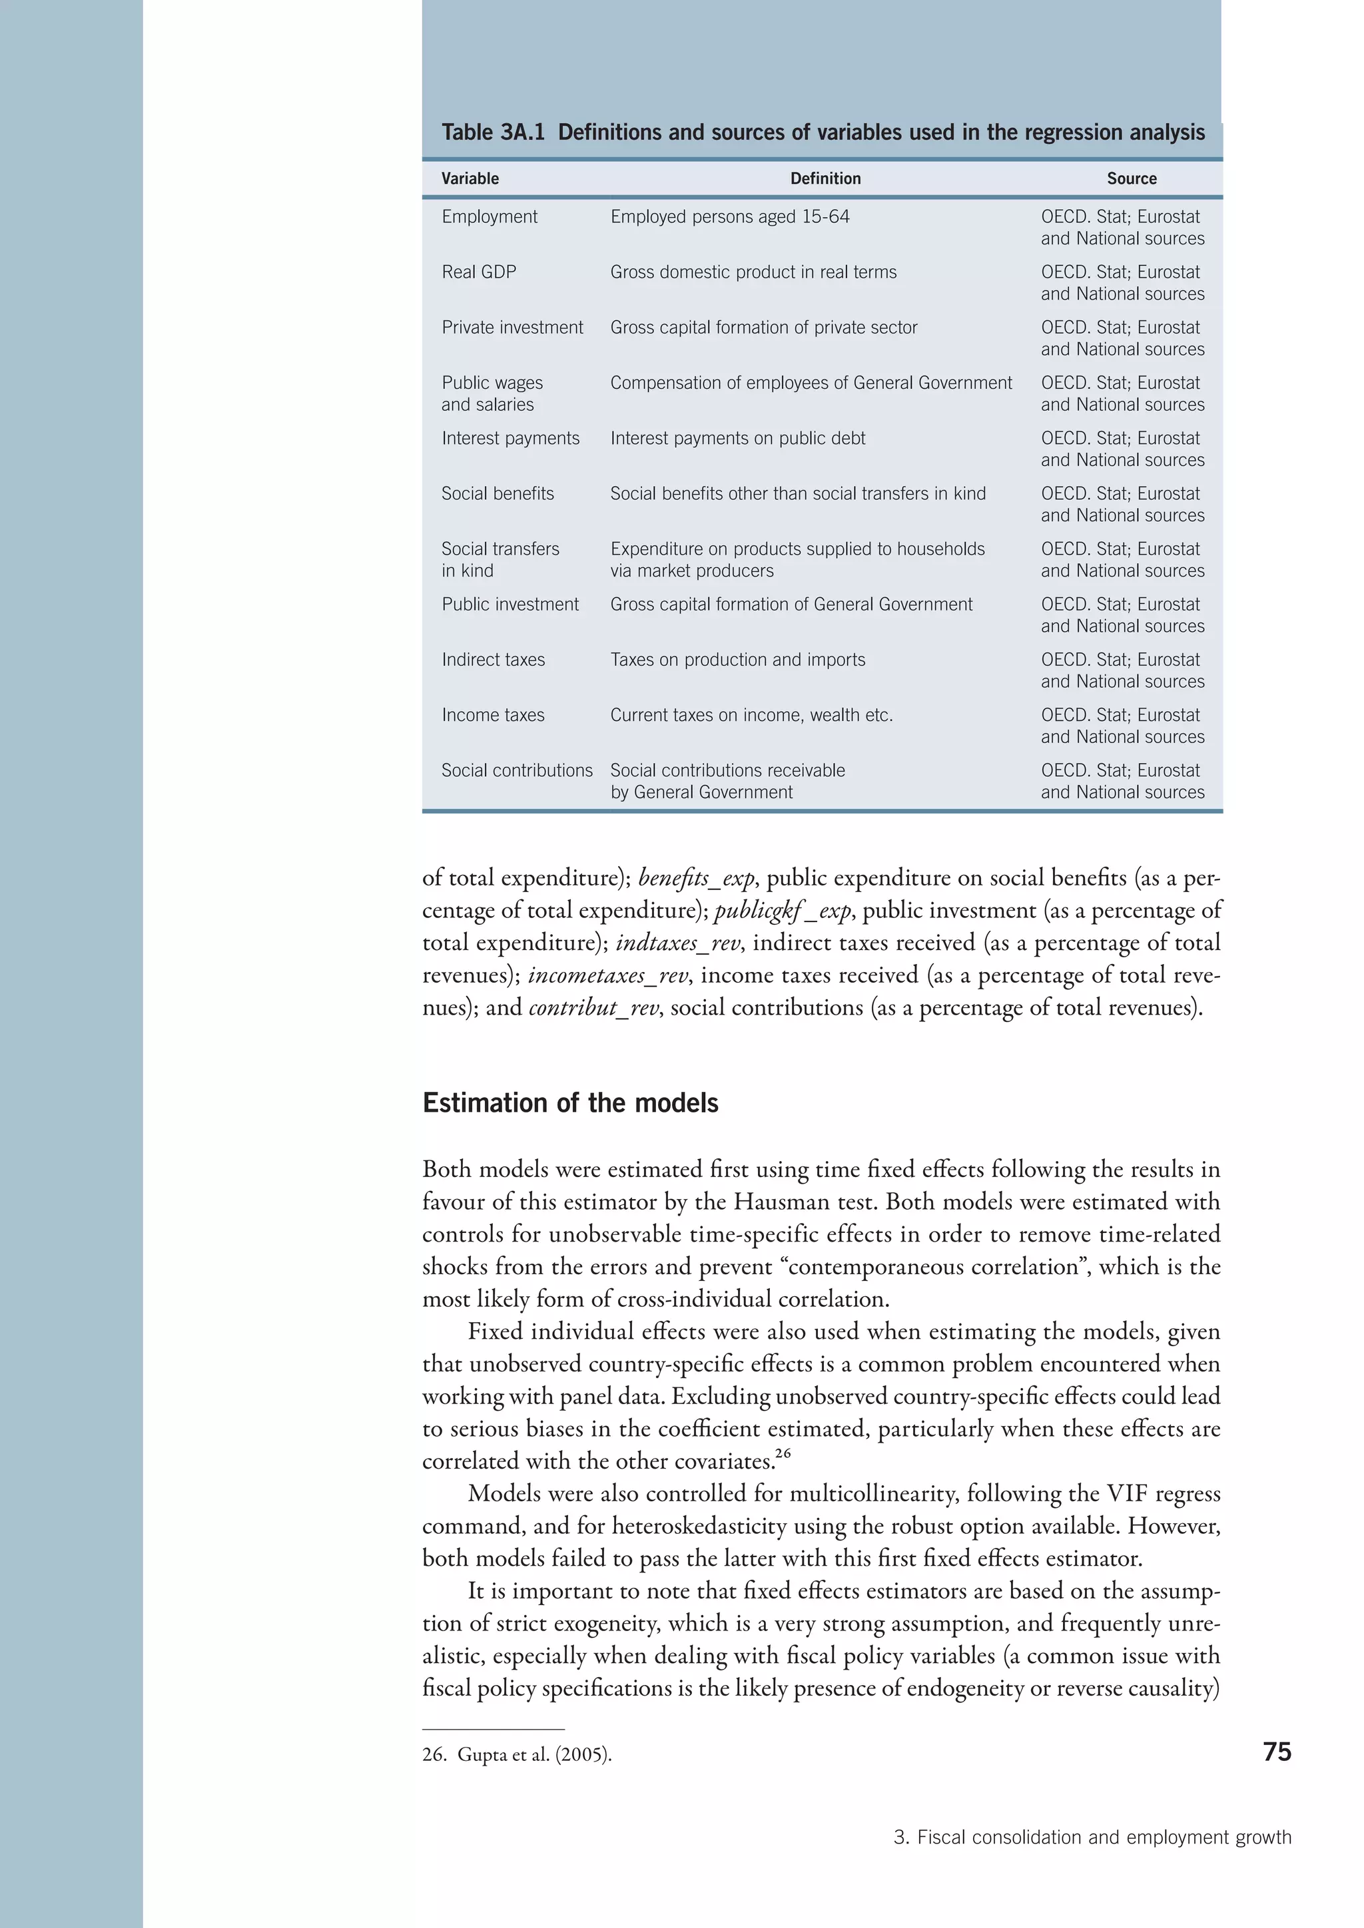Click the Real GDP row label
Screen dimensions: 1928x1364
[479, 272]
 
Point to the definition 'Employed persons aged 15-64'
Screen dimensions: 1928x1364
[729, 216]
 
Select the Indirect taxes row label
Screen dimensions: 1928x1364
[493, 660]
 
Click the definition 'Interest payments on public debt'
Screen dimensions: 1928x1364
[737, 438]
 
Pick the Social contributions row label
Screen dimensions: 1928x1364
[517, 771]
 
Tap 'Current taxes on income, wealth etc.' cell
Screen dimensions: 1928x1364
[751, 716]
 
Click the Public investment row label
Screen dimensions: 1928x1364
[510, 604]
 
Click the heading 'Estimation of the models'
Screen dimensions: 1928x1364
[570, 1102]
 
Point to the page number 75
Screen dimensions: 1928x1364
[1277, 1752]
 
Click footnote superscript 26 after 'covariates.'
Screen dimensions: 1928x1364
[783, 1453]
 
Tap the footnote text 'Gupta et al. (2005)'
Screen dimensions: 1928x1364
[534, 1755]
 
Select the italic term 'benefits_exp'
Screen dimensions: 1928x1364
[696, 878]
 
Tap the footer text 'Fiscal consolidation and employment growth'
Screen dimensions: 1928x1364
[1104, 1837]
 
